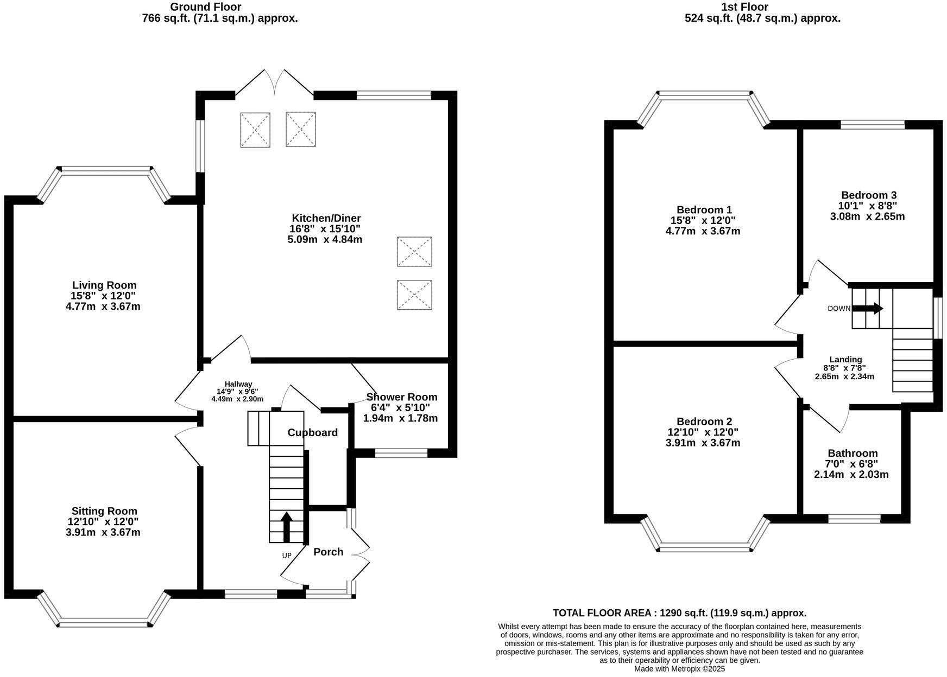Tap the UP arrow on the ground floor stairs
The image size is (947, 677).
pyautogui.click(x=286, y=527)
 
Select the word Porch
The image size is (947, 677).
pyautogui.click(x=328, y=552)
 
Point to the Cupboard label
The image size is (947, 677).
pyautogui.click(x=312, y=432)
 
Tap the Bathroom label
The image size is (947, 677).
pyautogui.click(x=852, y=453)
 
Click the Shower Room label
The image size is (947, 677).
pyautogui.click(x=401, y=397)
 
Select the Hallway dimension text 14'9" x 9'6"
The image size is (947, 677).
pyautogui.click(x=237, y=391)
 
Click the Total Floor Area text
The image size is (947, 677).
pyautogui.click(x=679, y=613)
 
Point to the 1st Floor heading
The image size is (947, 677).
pyautogui.click(x=744, y=7)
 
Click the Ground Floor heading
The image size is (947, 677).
pyautogui.click(x=205, y=7)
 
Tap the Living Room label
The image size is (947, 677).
pyautogui.click(x=104, y=285)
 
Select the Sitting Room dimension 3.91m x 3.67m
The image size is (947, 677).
pyautogui.click(x=103, y=532)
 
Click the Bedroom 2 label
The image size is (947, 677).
pyautogui.click(x=704, y=421)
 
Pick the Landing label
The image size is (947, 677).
pyautogui.click(x=845, y=359)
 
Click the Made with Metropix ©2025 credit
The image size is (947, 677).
pyautogui.click(x=679, y=669)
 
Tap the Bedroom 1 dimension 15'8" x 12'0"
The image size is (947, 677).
pyautogui.click(x=703, y=220)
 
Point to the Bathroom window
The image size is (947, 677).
pyautogui.click(x=854, y=519)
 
